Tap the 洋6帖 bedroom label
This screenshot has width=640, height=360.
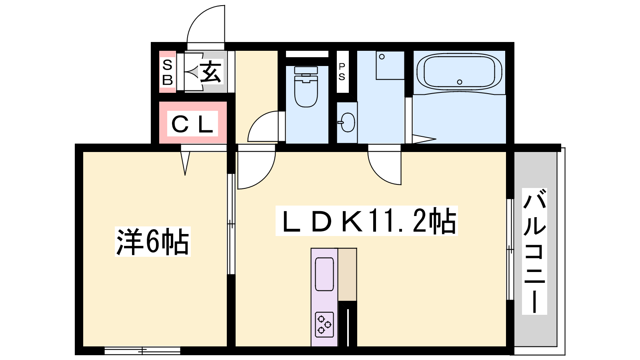coord(152,242)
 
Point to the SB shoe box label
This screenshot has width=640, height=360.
coord(168,72)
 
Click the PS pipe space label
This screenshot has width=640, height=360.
coord(342,72)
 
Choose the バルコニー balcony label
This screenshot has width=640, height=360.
coord(534,252)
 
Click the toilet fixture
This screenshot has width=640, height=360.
coord(306,87)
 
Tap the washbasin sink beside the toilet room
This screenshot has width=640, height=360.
coord(347,122)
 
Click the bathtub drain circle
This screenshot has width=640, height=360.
coord(460,82)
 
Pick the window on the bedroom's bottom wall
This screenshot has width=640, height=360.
coord(142,350)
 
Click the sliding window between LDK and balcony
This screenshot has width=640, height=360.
coord(510,250)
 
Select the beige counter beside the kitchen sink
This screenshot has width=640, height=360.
coord(348,274)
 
